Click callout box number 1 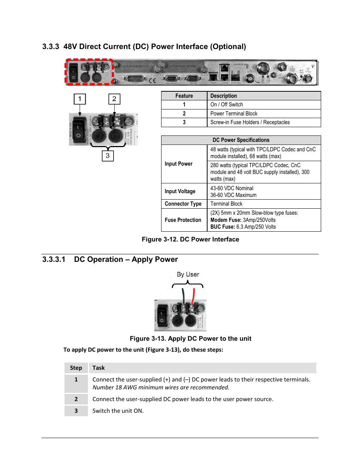pos(80,99)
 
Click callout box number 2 pos(114,99)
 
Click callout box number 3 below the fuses pos(108,156)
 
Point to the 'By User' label pos(188,275)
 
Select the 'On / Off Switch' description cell pos(226,105)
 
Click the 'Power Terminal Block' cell pos(234,114)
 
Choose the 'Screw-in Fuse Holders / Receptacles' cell pos(250,122)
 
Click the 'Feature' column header pos(184,96)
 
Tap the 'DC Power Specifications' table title pos(241,140)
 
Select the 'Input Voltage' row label pos(180,191)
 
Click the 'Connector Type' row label pos(183,204)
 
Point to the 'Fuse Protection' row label pos(183,220)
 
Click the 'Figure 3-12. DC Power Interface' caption pos(190,239)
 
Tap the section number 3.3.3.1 pos(54,259)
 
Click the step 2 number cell pos(76,399)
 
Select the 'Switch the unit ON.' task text pos(118,411)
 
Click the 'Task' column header pos(98,368)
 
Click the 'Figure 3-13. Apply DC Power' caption pos(190,338)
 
